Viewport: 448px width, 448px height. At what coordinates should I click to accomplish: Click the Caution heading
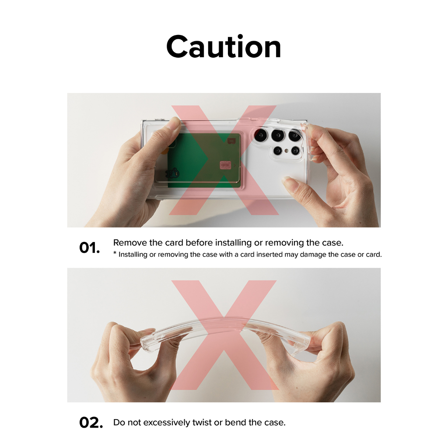[224, 46]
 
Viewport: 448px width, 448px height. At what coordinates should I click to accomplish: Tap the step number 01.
[89, 248]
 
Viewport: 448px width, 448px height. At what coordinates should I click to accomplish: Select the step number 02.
[91, 423]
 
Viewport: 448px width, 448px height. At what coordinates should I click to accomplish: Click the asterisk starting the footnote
[115, 253]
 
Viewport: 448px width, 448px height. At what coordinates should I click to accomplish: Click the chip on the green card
[225, 165]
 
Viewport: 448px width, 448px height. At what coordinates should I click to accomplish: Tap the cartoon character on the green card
[172, 172]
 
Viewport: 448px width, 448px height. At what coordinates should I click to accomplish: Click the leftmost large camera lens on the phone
[261, 135]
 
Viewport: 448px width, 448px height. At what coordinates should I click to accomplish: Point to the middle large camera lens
[278, 135]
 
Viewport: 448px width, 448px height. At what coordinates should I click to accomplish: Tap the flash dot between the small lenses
[286, 150]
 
